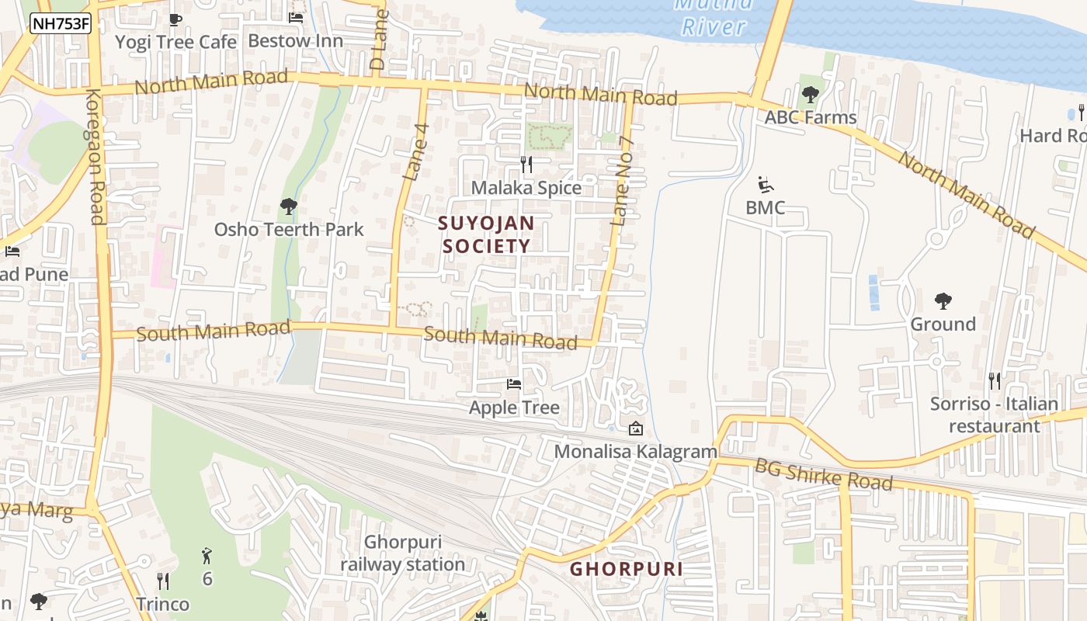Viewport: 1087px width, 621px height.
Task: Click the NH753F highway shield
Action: pos(61,24)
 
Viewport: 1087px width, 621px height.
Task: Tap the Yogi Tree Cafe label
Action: pos(175,42)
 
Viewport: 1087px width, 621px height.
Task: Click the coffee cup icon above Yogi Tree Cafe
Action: pos(175,19)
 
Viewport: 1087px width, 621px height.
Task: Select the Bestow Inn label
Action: pos(295,40)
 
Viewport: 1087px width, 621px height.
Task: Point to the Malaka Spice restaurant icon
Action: pos(526,165)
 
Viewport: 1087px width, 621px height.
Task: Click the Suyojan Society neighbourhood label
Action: pos(486,234)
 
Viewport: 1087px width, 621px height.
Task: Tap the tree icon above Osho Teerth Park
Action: pos(289,206)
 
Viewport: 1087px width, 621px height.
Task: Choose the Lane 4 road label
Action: pos(416,152)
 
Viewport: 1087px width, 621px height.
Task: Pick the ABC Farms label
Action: pos(811,117)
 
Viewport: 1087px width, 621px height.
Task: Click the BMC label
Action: pos(765,208)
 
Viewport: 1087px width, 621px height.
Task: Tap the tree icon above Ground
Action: pos(943,301)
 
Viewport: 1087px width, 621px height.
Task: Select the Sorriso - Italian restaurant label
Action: pos(994,415)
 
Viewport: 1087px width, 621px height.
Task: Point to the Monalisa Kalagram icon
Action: pos(636,428)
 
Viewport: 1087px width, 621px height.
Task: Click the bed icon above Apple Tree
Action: pos(514,384)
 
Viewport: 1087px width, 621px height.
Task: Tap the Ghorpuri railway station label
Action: pos(403,553)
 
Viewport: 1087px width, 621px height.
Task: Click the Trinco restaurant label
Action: pos(163,604)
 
